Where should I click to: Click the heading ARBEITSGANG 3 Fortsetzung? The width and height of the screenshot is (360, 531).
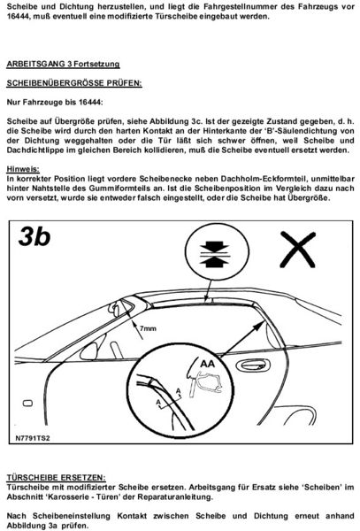pos(68,65)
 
